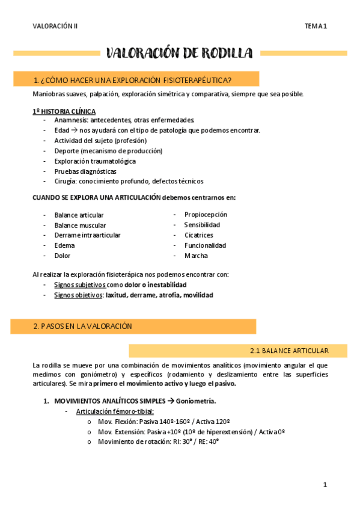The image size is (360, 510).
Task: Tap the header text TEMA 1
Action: click(x=315, y=26)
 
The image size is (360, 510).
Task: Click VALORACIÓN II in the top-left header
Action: click(x=55, y=26)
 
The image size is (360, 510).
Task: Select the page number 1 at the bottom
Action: click(x=325, y=485)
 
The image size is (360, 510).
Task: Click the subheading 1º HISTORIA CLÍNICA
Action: click(x=64, y=111)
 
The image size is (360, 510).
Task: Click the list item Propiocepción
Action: click(x=206, y=215)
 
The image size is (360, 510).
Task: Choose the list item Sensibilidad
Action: click(x=202, y=225)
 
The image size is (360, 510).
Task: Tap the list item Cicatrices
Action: click(x=198, y=235)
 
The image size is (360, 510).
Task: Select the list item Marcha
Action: click(x=196, y=256)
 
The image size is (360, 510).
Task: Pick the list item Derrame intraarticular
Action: click(x=87, y=235)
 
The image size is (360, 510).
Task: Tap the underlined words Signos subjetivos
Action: click(x=80, y=284)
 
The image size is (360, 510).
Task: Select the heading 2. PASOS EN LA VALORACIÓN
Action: click(x=82, y=326)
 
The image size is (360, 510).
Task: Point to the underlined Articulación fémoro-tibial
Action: click(x=115, y=411)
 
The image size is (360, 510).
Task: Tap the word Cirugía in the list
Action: click(x=66, y=181)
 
